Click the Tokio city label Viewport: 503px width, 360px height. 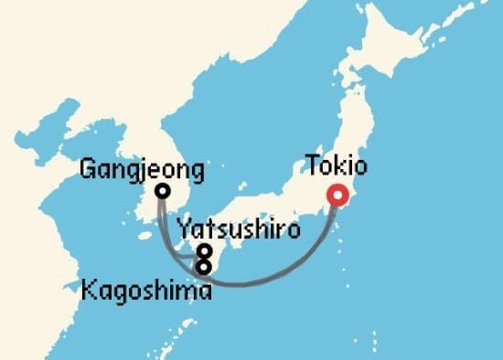tap(337, 167)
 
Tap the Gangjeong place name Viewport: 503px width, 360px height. tap(142, 170)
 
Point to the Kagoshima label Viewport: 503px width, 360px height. tap(146, 291)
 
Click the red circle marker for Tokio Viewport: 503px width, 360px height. tap(338, 194)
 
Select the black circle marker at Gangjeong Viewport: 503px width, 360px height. tap(162, 191)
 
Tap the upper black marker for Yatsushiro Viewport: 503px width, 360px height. tap(205, 251)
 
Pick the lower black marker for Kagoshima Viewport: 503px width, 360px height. tap(205, 266)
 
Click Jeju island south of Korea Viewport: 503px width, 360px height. tap(144, 240)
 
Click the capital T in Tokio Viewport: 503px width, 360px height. tap(313, 167)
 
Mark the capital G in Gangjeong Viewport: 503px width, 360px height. tap(89, 170)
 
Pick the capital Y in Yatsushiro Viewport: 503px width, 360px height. tap(183, 229)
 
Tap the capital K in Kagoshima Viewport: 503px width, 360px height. tap(89, 291)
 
